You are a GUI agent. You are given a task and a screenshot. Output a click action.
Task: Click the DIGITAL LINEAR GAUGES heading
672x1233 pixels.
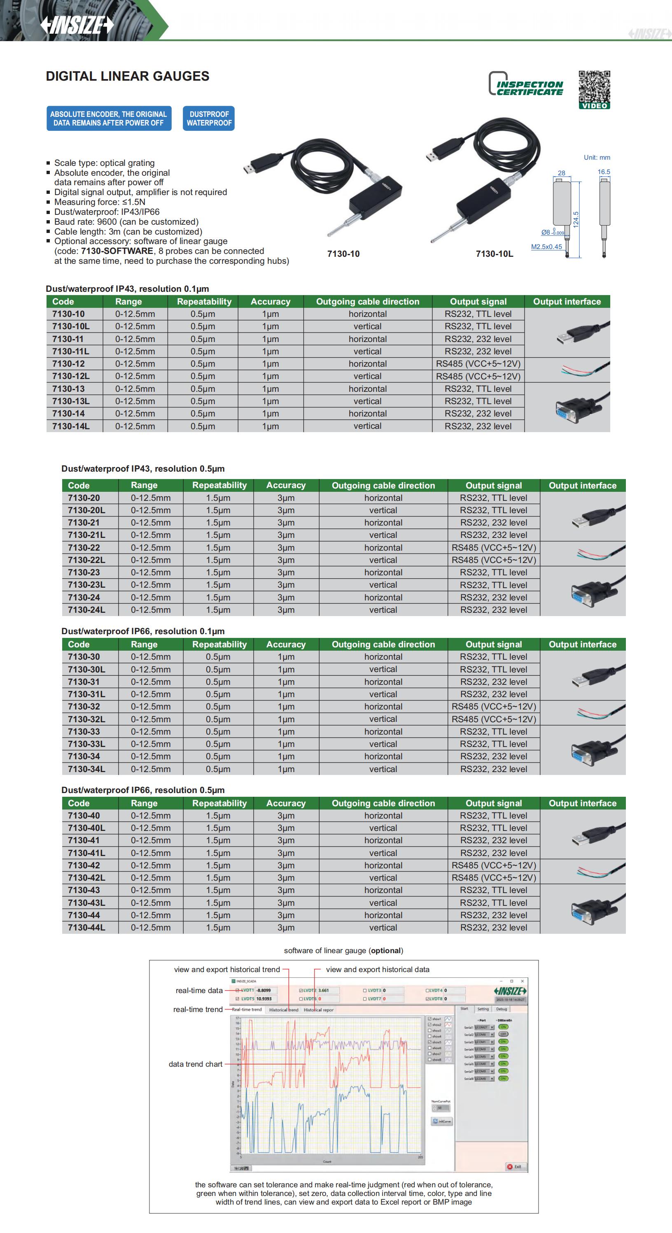127,76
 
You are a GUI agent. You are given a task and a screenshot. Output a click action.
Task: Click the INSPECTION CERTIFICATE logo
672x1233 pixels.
525,84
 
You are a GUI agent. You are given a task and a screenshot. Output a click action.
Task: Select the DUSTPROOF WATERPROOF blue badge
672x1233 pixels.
209,118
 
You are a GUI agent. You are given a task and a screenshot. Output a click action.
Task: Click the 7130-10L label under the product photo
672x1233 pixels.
494,254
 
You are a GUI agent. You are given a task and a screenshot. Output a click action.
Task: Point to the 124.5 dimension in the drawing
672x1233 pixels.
576,219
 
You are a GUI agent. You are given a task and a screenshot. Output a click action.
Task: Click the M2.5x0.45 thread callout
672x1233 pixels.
546,247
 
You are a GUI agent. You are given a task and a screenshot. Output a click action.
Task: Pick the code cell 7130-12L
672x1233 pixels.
70,376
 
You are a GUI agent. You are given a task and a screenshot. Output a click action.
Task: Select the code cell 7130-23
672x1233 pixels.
84,572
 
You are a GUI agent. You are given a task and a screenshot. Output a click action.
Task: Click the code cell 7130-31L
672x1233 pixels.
86,694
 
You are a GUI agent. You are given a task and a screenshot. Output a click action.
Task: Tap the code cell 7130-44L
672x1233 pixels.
86,928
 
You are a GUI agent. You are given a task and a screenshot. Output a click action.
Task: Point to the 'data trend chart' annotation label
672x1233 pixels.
196,1064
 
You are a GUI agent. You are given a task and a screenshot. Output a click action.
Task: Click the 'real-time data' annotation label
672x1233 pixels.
199,990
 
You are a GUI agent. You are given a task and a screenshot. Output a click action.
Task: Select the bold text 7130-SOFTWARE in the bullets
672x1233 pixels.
117,251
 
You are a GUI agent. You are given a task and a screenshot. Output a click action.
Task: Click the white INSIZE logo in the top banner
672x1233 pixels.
77,25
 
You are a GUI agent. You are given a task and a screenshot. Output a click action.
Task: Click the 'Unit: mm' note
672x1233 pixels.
597,158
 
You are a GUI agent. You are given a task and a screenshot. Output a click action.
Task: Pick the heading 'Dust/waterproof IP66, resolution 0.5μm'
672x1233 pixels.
143,790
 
